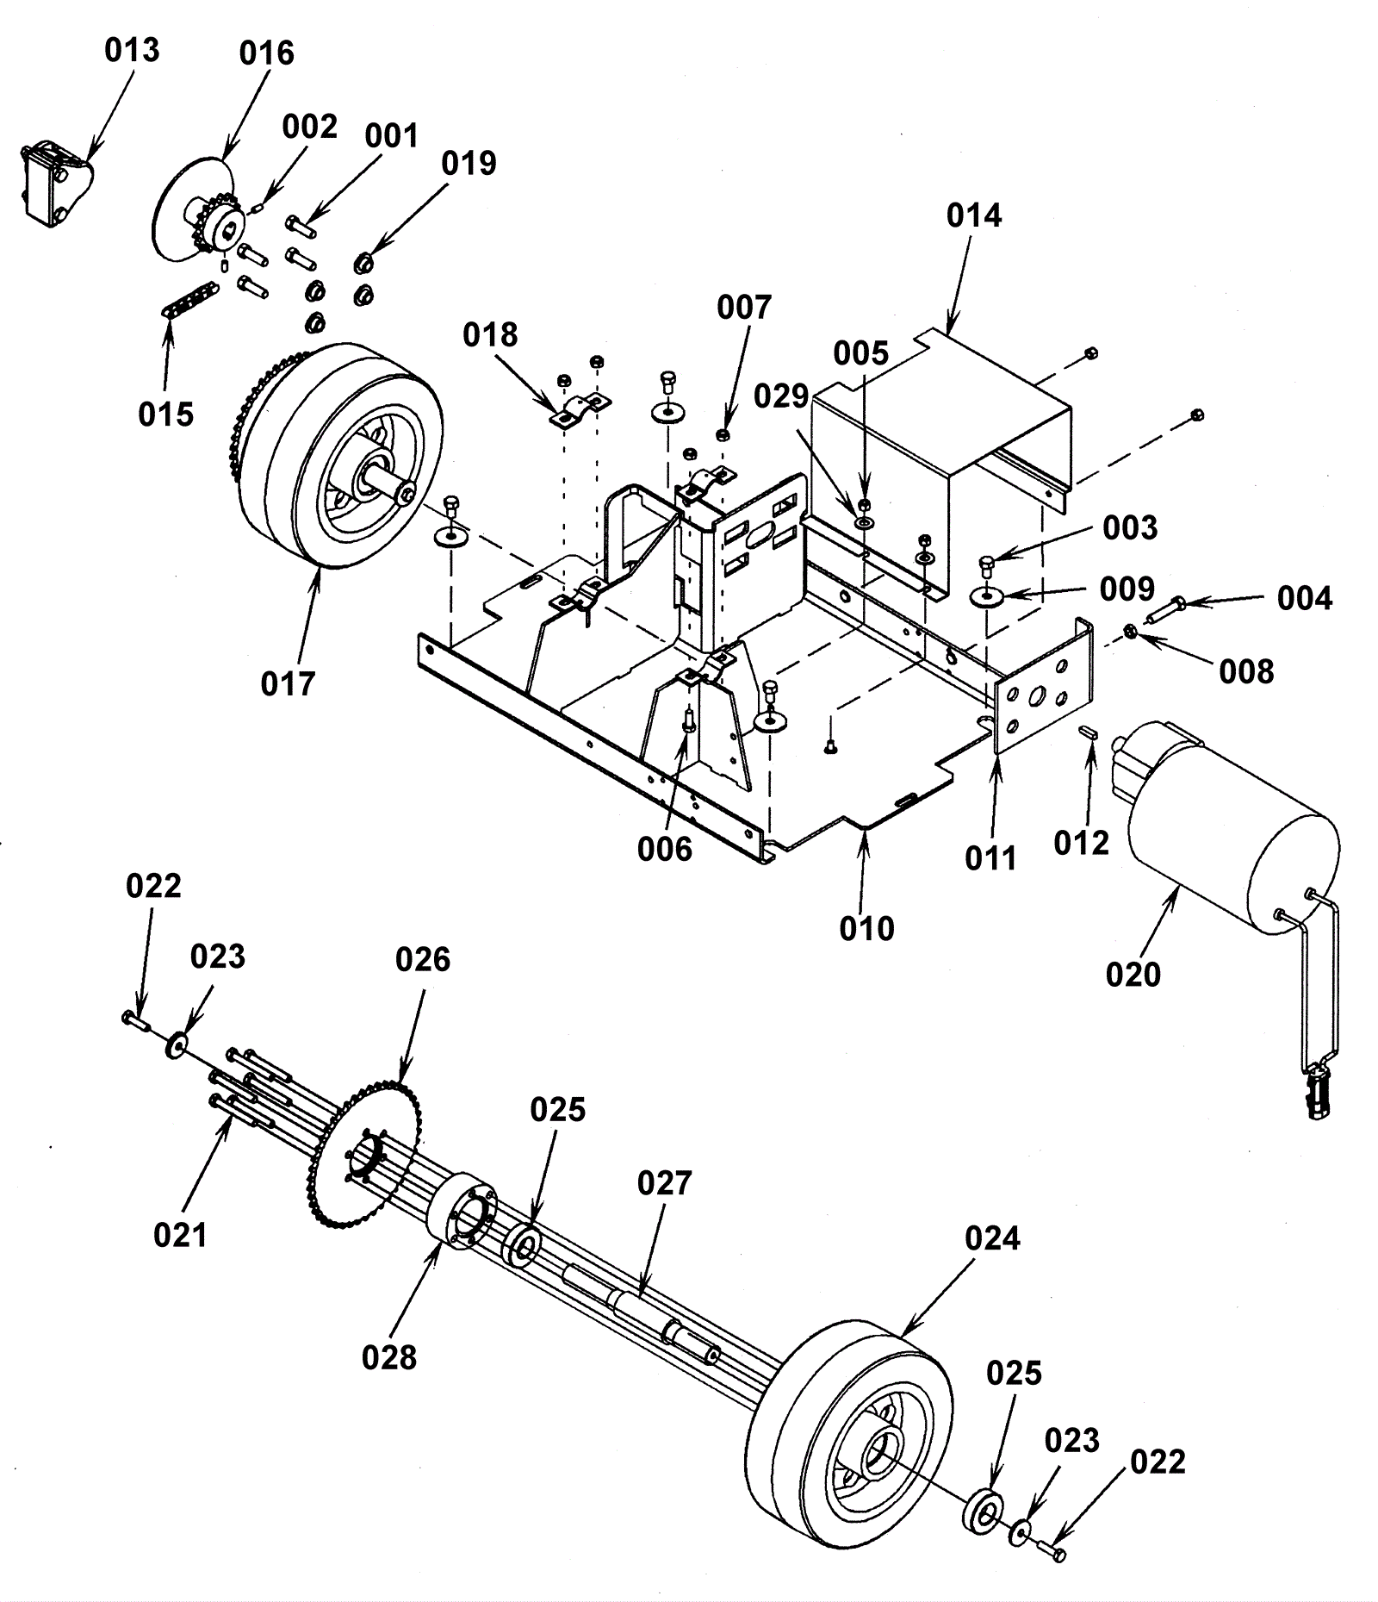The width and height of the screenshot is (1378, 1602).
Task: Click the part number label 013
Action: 132,50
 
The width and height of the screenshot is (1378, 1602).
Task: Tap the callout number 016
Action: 267,53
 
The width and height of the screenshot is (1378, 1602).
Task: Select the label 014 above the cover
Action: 974,215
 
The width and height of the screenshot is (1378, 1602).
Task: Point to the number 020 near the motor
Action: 1133,974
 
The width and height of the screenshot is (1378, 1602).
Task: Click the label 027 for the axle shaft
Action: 665,1183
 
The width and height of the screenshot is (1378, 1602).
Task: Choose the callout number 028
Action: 389,1357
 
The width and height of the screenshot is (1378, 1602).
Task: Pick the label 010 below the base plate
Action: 867,928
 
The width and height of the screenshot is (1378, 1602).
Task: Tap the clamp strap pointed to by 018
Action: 580,409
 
